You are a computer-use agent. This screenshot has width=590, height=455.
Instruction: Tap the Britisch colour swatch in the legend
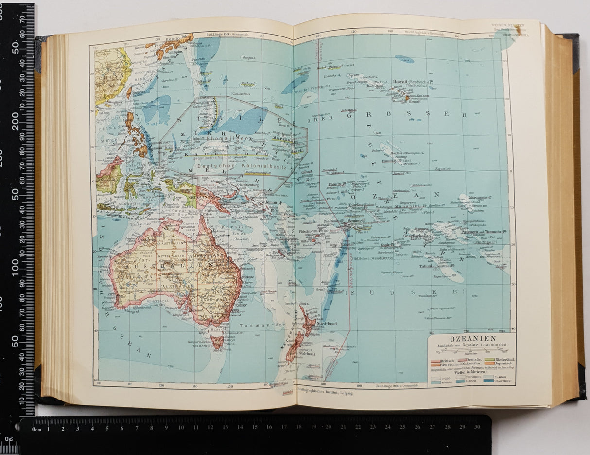point(434,360)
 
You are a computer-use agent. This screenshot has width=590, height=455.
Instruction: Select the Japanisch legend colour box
point(488,363)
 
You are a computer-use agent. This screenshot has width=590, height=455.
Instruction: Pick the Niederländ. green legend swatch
point(488,360)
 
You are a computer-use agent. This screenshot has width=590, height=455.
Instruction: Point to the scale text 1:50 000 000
point(486,345)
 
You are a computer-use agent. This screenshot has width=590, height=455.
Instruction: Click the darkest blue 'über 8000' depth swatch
point(489,381)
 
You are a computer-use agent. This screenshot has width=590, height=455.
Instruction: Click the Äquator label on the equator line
point(443,169)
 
